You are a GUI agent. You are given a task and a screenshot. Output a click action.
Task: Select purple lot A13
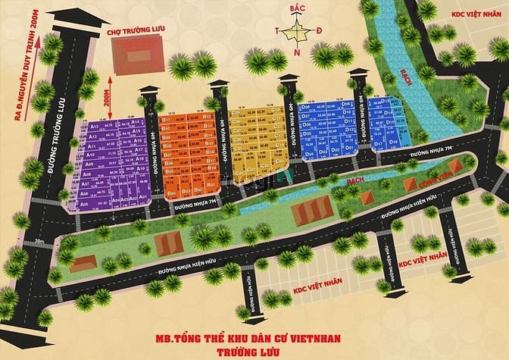(95, 128)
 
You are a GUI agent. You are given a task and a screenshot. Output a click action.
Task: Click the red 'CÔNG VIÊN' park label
(420, 183)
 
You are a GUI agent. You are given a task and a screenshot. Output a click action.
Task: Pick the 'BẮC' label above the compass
(298, 8)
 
